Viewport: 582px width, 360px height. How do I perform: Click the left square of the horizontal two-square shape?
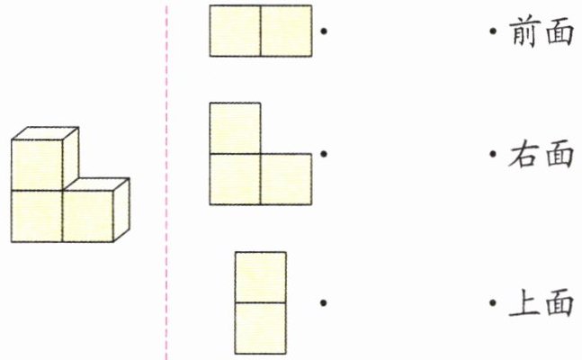click(x=236, y=31)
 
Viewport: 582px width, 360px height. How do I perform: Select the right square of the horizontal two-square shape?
click(x=287, y=31)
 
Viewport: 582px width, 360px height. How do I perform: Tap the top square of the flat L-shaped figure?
click(x=235, y=129)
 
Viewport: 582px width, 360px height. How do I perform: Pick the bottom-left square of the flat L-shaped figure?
click(x=235, y=179)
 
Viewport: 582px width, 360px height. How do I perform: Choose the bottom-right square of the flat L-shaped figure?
click(x=286, y=179)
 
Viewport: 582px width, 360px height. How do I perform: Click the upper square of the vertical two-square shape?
click(x=261, y=277)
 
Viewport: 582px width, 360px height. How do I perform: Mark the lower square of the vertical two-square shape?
click(x=261, y=328)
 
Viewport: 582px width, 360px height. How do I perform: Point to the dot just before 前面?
click(x=493, y=33)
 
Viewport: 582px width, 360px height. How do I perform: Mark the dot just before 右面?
click(x=493, y=155)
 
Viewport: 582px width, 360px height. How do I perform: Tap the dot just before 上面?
click(x=493, y=303)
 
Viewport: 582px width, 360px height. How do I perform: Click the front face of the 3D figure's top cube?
click(x=37, y=165)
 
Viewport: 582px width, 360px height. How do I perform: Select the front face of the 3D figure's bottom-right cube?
click(x=88, y=216)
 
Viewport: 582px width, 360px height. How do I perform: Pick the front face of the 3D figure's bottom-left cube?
click(x=37, y=216)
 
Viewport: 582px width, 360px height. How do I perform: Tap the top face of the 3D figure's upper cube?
click(x=44, y=133)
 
